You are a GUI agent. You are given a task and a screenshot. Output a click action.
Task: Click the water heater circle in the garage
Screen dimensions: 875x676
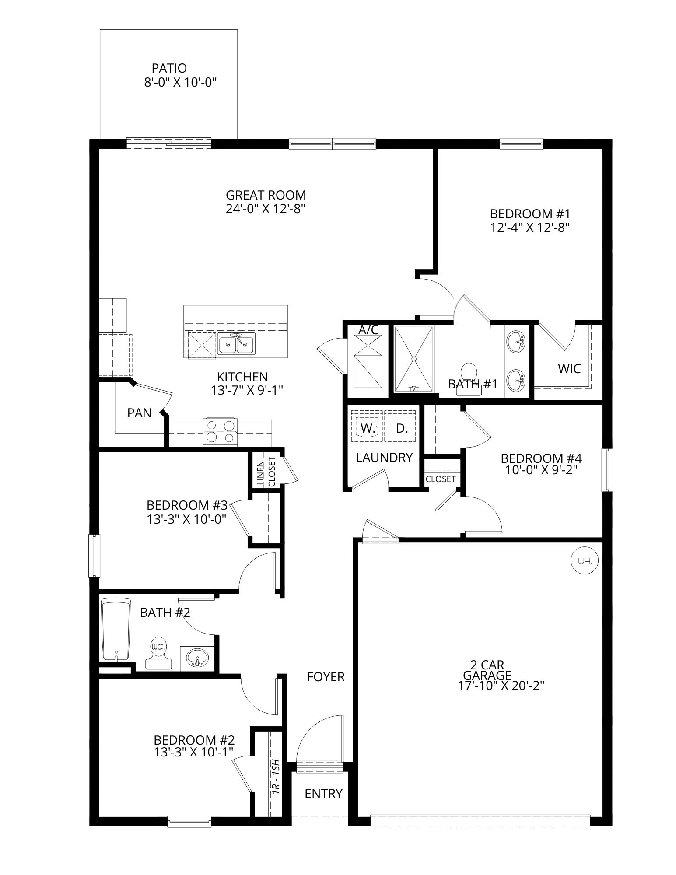[585, 560]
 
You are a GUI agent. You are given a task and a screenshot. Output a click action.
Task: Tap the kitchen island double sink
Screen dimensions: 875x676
[236, 344]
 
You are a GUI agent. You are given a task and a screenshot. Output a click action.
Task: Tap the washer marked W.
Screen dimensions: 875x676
[368, 428]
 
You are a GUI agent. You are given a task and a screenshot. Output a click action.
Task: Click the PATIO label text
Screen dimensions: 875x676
[169, 68]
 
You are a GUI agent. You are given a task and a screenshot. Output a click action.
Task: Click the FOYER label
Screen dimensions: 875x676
[326, 677]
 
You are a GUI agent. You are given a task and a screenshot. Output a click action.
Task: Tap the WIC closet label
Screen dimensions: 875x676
[569, 369]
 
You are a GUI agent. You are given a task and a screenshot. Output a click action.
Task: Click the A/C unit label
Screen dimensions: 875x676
[368, 330]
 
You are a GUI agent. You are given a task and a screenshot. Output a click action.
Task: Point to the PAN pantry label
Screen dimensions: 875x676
[139, 413]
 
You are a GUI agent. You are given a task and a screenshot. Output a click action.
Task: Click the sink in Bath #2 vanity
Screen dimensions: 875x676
[198, 658]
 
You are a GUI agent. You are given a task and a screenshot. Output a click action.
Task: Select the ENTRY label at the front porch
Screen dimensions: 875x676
[323, 793]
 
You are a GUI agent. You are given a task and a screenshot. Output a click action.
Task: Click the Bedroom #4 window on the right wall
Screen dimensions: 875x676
[607, 470]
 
